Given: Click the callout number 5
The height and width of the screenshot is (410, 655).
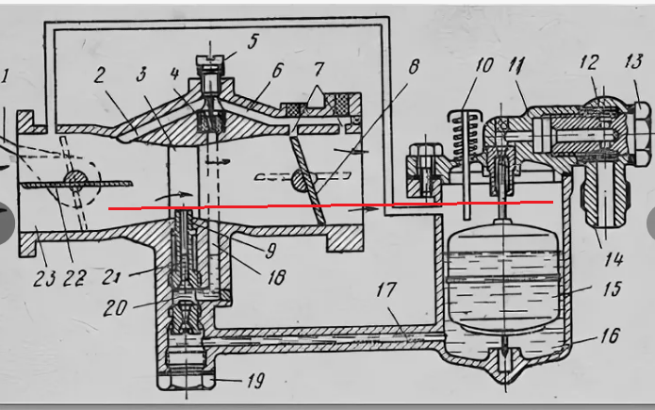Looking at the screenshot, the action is pos(253,41).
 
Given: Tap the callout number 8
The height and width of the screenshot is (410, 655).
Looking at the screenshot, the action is pos(413,67).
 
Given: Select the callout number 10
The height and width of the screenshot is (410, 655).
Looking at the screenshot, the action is pos(484,66).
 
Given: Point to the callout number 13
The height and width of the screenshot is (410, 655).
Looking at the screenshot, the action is pos(633,61).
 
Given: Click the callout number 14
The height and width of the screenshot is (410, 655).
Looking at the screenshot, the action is pos(614,259).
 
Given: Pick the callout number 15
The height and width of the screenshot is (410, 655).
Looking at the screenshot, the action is pos(613,288).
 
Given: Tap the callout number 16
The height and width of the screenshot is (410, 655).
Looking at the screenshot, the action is pos(611,336).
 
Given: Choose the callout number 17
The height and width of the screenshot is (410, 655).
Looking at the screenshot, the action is pos(386,289).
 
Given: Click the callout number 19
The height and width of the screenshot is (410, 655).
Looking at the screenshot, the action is pos(255,381).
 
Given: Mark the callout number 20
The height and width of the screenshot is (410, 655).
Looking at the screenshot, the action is pos(115,308).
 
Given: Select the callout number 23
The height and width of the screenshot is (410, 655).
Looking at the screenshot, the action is pos(44,278).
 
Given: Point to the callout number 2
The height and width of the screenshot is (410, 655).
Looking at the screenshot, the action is pos(99,75).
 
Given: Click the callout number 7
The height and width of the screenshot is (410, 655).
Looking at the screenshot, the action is pos(319,69).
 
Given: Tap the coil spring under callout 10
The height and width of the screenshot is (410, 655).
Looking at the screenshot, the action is pos(464,137).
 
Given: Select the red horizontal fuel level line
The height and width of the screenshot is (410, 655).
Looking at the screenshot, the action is pos(331,205).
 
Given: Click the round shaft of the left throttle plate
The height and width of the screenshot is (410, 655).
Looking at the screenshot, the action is pos(75,183).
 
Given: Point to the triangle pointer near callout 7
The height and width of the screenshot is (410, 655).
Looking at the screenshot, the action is pos(317,97).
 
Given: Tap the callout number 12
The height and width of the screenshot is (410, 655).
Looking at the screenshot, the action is pos(589,62).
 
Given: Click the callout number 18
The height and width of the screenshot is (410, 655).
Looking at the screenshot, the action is pos(277,277).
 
